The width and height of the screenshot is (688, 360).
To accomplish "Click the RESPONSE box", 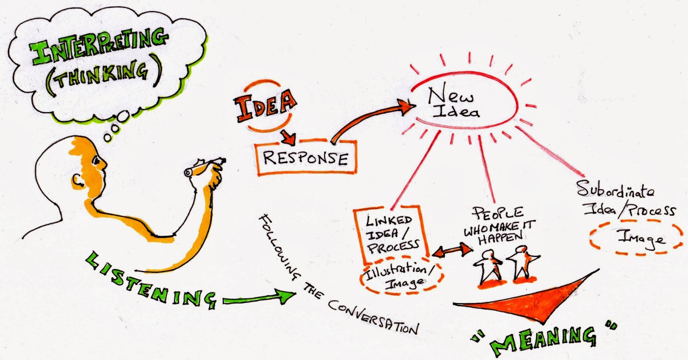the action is (x=305, y=157).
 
